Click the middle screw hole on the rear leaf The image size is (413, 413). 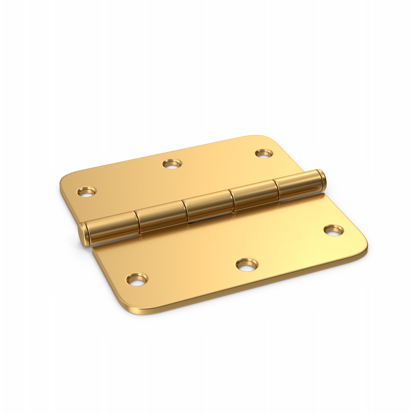point(172,164)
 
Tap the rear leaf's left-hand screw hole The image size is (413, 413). point(87,191)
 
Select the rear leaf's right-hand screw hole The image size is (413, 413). point(264,153)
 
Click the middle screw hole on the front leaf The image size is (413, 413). point(247,265)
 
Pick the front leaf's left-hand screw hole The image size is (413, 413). point(137,279)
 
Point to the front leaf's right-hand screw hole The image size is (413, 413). point(334,230)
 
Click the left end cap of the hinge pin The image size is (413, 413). point(83,234)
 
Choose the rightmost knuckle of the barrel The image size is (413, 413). point(298,185)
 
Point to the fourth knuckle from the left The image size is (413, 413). point(254,195)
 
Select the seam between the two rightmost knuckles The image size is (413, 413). point(277,190)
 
